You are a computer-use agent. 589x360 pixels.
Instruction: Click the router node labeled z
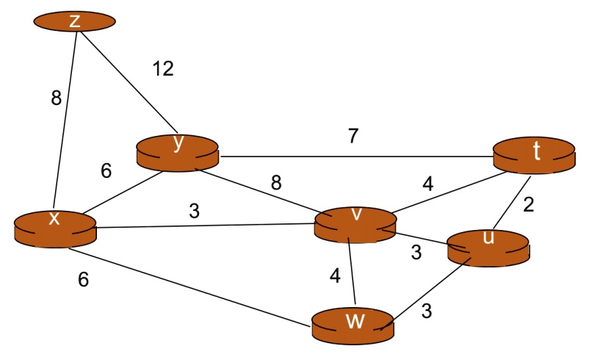point(74,21)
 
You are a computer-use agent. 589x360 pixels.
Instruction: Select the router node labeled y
point(178,151)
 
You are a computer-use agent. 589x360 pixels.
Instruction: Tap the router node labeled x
point(55,226)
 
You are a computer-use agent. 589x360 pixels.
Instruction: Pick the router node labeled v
point(355,223)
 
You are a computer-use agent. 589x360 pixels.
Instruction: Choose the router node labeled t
point(533,154)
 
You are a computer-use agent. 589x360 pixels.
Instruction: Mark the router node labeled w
point(353,324)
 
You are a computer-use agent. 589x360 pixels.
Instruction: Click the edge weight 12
point(163,69)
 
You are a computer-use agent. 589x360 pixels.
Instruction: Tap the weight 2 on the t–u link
point(528,205)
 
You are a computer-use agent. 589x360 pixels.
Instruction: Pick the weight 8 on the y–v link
point(276,183)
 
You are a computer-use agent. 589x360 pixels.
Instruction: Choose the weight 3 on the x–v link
point(194,211)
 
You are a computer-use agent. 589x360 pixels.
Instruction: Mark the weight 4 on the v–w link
point(335,276)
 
